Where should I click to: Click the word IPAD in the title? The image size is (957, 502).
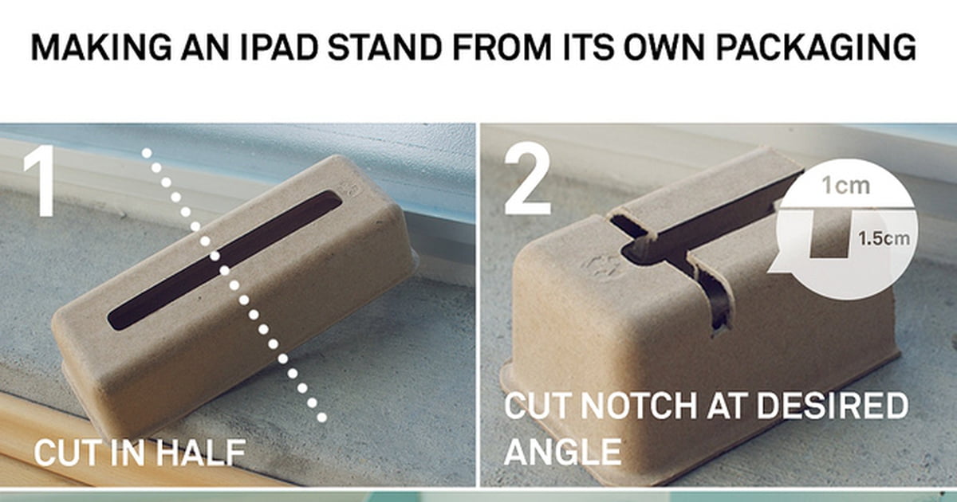(x=279, y=46)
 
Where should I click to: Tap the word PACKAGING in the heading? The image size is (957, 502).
(x=816, y=46)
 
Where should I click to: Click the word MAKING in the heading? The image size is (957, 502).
(x=101, y=46)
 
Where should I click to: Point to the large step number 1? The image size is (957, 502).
(x=39, y=181)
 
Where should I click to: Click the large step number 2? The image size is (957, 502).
(x=528, y=181)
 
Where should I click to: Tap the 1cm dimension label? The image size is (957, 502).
(x=846, y=186)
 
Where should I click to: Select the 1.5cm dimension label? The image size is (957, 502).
(x=884, y=238)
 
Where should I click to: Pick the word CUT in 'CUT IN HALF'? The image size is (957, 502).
(x=63, y=453)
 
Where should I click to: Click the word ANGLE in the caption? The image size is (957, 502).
(x=563, y=452)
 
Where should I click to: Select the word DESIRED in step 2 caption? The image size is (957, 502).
(x=833, y=406)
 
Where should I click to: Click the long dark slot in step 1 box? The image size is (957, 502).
(x=225, y=260)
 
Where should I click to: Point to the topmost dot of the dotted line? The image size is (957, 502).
(x=147, y=153)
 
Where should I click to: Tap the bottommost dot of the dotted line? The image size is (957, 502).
(x=321, y=417)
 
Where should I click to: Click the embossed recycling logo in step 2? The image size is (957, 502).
(x=601, y=268)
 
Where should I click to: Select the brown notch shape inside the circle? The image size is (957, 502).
(x=829, y=234)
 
